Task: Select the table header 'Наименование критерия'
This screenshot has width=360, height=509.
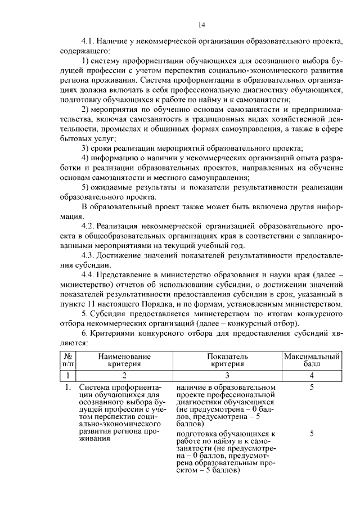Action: (x=124, y=360)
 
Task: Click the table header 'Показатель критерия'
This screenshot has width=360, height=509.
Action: (x=227, y=360)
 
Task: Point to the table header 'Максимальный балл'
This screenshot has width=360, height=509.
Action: (x=312, y=360)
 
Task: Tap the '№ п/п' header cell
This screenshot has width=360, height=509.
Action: (x=67, y=360)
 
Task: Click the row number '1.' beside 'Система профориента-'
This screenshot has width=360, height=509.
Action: (x=67, y=388)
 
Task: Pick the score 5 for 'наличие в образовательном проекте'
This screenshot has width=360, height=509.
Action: (x=312, y=388)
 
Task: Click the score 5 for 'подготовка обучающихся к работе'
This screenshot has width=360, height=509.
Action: (x=312, y=434)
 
